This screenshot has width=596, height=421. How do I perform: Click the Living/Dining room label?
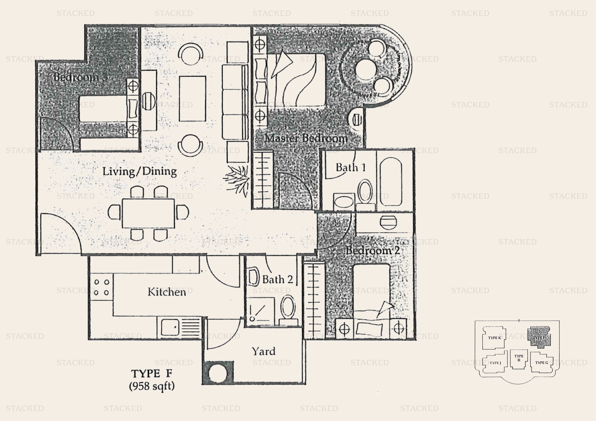[x=140, y=171]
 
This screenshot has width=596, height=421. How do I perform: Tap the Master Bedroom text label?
[x=306, y=138]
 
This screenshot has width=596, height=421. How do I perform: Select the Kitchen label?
[x=167, y=292]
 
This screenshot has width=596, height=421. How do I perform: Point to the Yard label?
[x=264, y=351]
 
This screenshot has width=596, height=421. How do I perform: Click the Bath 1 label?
[x=351, y=168]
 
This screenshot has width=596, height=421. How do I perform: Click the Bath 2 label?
[x=277, y=280]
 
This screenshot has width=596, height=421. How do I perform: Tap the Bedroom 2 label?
[x=372, y=250]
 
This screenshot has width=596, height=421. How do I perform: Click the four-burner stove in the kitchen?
[x=101, y=287]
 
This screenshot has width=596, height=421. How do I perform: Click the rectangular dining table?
[x=148, y=213]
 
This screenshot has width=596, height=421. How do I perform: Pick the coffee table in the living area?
[x=192, y=99]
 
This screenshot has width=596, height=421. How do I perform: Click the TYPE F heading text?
[x=152, y=373]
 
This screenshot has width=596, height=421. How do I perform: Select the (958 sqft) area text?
[x=152, y=386]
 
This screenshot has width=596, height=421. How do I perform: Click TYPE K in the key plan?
[x=494, y=338]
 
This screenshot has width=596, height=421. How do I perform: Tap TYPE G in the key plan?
[x=541, y=363]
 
